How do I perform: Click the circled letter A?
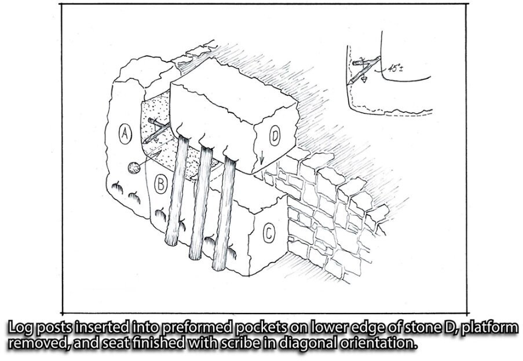(x=125, y=134)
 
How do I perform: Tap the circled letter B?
(x=161, y=184)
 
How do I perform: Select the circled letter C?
(x=269, y=233)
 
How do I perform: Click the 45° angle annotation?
(x=395, y=69)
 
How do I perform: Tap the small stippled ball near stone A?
(x=134, y=168)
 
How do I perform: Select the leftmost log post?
(x=177, y=191)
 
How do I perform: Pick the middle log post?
(x=200, y=203)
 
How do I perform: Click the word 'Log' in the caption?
(x=20, y=328)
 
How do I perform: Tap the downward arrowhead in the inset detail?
(x=364, y=80)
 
